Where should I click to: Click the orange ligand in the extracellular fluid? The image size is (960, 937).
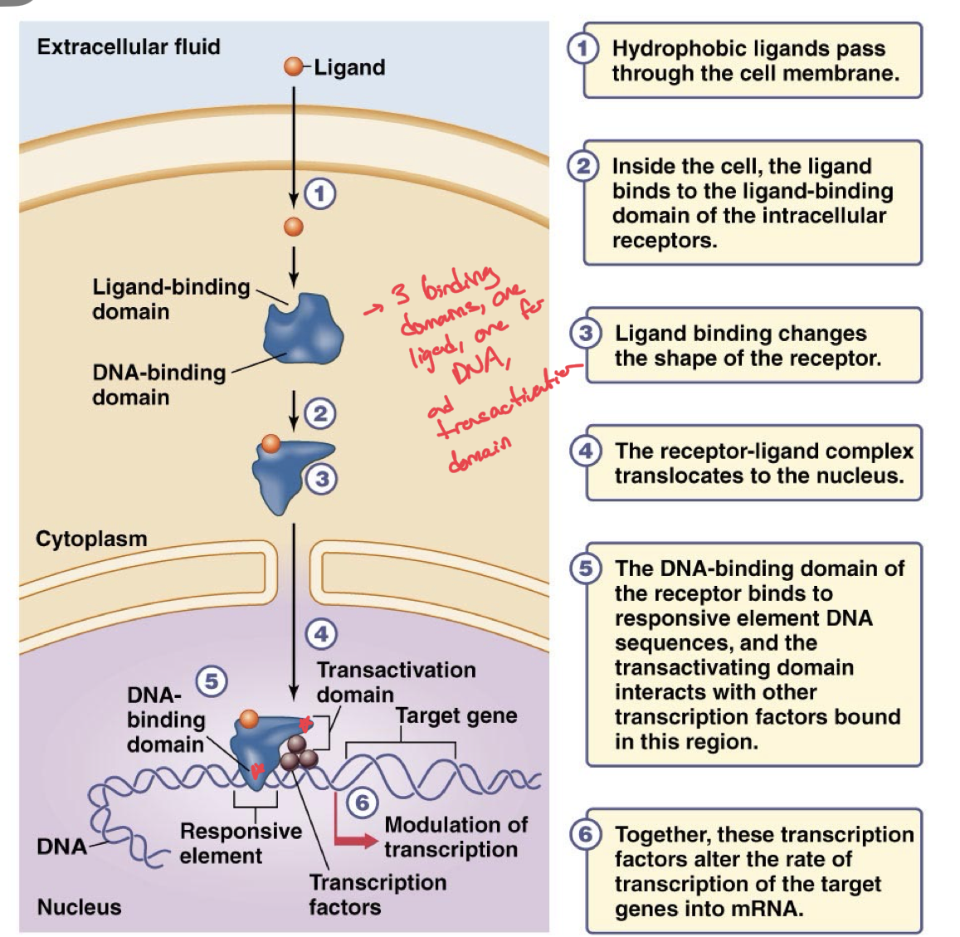pos(293,66)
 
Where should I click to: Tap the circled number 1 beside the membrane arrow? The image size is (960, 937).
pos(320,193)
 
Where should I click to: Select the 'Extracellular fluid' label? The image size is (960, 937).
pos(129,46)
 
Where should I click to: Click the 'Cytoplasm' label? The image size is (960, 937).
pos(91,539)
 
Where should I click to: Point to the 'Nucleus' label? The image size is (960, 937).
pos(79,907)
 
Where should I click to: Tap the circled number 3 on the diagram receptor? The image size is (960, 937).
pos(322,479)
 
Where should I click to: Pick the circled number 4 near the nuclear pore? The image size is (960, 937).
pos(322,635)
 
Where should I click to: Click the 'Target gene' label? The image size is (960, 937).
pos(456,715)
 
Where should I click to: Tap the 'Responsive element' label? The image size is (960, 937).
pos(241,843)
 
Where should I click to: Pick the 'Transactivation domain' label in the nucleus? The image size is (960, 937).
pos(396,681)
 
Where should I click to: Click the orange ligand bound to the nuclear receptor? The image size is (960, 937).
pos(249,719)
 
